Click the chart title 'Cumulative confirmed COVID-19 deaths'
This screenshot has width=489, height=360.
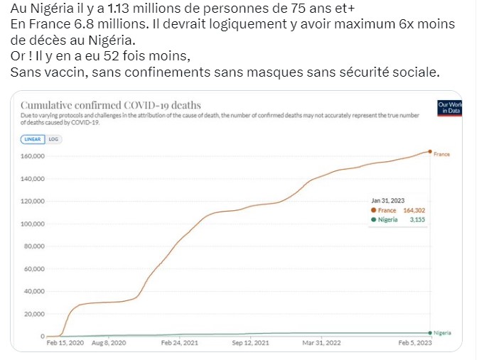(x=110, y=105)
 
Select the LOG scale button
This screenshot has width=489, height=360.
(x=53, y=139)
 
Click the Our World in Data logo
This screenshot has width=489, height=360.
(x=451, y=108)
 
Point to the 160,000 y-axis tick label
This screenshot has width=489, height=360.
(x=34, y=156)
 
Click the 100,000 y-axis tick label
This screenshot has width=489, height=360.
(x=34, y=224)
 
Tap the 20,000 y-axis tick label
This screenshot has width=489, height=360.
(x=36, y=314)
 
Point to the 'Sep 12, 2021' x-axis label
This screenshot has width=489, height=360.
(x=252, y=343)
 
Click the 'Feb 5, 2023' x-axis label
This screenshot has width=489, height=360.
(x=414, y=343)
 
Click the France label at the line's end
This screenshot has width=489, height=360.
(x=442, y=153)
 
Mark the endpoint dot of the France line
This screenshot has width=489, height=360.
(x=431, y=151)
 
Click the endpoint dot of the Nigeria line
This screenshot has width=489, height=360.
(x=431, y=332)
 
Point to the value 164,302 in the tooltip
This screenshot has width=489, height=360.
(x=414, y=210)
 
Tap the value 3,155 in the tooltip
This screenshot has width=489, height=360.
(x=417, y=220)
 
